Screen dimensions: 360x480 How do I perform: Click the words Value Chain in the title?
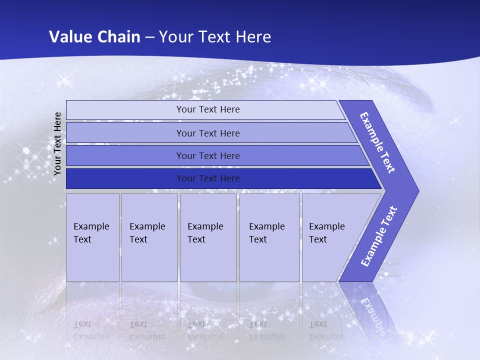pyautogui.click(x=94, y=36)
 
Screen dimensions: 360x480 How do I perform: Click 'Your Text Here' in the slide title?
pyautogui.click(x=215, y=36)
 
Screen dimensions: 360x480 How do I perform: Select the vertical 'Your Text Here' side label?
pyautogui.click(x=57, y=143)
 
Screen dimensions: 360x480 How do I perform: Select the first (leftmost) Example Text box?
pyautogui.click(x=92, y=237)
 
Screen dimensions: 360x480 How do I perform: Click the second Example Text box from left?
pyautogui.click(x=149, y=237)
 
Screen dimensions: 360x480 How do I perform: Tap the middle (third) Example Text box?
pyautogui.click(x=208, y=237)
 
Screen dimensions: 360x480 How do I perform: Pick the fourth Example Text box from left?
pyautogui.click(x=269, y=237)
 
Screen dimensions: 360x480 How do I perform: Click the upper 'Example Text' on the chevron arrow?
pyautogui.click(x=377, y=142)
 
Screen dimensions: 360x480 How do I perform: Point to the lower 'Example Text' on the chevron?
pyautogui.click(x=379, y=236)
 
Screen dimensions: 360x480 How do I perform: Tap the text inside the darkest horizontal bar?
pyautogui.click(x=208, y=178)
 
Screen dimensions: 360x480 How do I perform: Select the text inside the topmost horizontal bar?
pyautogui.click(x=208, y=109)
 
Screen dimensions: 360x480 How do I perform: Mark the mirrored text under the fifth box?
pyautogui.click(x=326, y=330)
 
